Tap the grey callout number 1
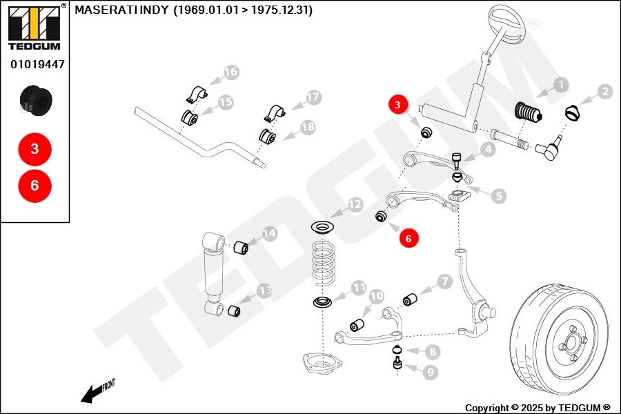pyautogui.click(x=561, y=86)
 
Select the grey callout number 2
pyautogui.click(x=604, y=92)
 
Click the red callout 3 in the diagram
pyautogui.click(x=398, y=106)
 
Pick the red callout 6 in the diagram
pyautogui.click(x=408, y=238)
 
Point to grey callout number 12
pyautogui.click(x=354, y=205)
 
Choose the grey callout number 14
pyautogui.click(x=268, y=235)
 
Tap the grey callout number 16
pyautogui.click(x=230, y=72)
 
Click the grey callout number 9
pyautogui.click(x=431, y=372)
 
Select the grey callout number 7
pyautogui.click(x=444, y=282)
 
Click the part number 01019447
pyautogui.click(x=37, y=64)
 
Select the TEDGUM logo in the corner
pyautogui.click(x=34, y=27)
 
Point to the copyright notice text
pyautogui.click(x=538, y=408)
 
